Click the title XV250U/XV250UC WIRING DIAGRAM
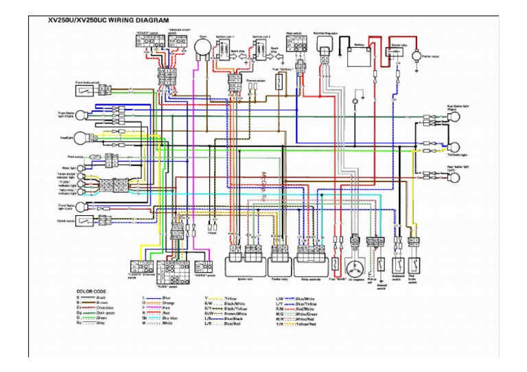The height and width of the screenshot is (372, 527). coord(109,21)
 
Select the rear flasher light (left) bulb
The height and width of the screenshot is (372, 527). coord(453,177)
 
